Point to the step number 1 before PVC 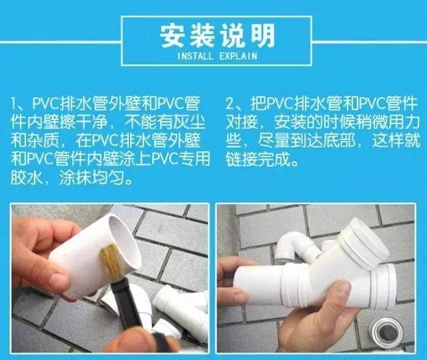(x=15, y=105)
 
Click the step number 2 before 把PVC (x=230, y=105)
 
